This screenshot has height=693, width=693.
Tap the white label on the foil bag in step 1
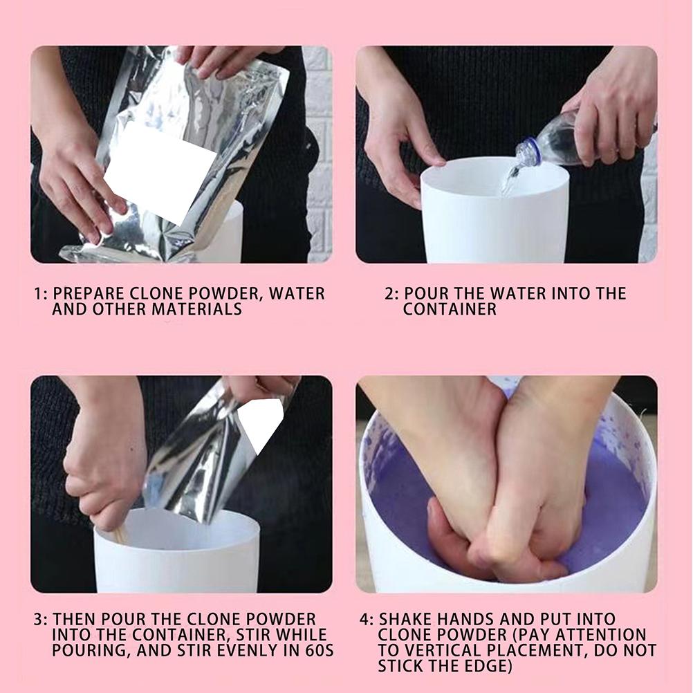click(160, 172)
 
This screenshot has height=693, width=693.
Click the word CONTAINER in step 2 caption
click(450, 309)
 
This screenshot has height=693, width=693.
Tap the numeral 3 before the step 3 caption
click(39, 619)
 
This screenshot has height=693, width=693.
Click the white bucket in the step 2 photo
click(495, 221)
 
